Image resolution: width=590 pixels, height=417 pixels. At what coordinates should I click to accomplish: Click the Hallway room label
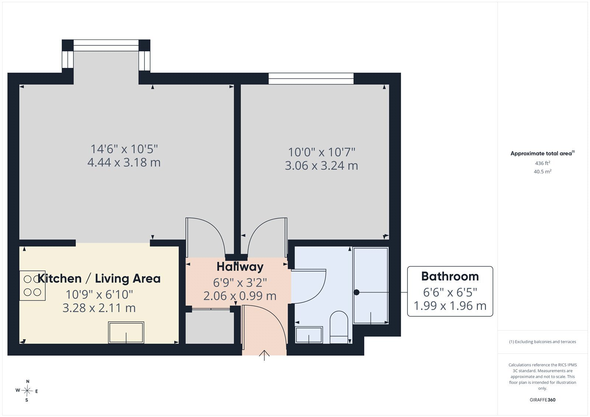click(x=240, y=267)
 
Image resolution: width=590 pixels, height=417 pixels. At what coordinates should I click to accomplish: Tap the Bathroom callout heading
click(x=450, y=276)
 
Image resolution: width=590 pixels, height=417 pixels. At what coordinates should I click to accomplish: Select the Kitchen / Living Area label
click(x=99, y=278)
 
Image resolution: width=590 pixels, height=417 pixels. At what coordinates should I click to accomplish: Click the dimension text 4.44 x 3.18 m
click(x=124, y=162)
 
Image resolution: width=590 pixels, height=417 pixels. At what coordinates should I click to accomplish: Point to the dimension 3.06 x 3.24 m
click(x=321, y=166)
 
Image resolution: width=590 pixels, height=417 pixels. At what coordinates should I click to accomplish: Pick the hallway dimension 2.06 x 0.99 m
click(x=240, y=296)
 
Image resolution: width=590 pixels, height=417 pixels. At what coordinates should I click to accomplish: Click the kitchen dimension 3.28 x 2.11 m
click(x=99, y=307)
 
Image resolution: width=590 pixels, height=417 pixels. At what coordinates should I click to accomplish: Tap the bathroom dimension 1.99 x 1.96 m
click(x=450, y=306)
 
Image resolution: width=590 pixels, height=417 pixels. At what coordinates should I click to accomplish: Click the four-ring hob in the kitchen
click(x=32, y=285)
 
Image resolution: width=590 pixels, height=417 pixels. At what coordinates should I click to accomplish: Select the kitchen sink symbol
click(x=126, y=333)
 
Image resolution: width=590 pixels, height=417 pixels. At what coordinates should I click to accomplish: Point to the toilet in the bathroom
click(x=339, y=327)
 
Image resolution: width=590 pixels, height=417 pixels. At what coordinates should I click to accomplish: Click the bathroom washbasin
click(x=309, y=335)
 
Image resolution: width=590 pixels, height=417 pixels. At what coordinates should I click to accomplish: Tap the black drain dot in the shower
click(x=356, y=292)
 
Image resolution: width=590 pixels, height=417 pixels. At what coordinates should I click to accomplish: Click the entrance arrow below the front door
click(x=264, y=355)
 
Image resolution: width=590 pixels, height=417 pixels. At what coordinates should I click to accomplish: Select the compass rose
click(x=27, y=391)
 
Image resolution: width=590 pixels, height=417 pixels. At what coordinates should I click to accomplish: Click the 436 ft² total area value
click(x=542, y=163)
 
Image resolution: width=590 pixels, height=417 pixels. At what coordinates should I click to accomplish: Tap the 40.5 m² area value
click(x=542, y=171)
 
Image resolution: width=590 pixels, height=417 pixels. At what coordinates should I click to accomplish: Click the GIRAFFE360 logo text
click(x=542, y=400)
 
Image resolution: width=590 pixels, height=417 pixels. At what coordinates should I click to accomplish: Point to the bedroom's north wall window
click(x=311, y=79)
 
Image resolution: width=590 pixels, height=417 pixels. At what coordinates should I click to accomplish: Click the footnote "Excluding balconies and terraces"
click(x=545, y=342)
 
